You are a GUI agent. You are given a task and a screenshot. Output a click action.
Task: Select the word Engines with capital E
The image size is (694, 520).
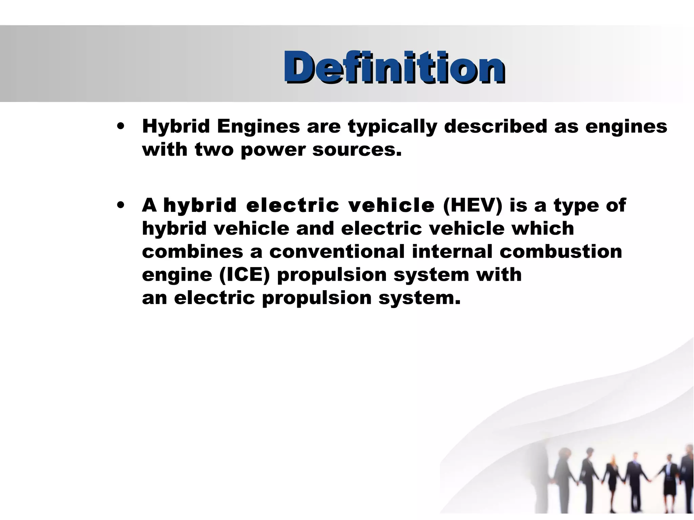pyautogui.click(x=258, y=126)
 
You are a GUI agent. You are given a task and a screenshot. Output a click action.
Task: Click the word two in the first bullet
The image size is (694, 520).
pyautogui.click(x=214, y=149)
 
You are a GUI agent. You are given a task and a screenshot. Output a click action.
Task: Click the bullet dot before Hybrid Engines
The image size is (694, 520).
pyautogui.click(x=120, y=126)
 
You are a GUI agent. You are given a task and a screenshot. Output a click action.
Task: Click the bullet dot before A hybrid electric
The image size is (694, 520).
pyautogui.click(x=120, y=205)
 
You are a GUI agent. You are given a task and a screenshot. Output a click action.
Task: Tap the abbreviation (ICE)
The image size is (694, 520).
pyautogui.click(x=244, y=275)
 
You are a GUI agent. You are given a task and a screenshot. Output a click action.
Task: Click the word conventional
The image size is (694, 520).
pyautogui.click(x=337, y=252)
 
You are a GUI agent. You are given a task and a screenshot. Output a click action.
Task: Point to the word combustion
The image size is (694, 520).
pyautogui.click(x=560, y=252)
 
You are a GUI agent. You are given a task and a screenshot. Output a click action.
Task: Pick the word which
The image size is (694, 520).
pyautogui.click(x=543, y=228)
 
